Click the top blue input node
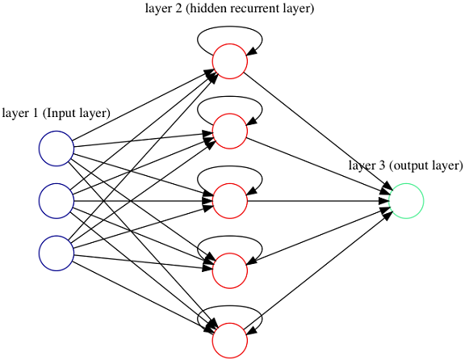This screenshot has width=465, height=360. tap(57, 149)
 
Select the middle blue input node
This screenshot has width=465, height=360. tap(57, 201)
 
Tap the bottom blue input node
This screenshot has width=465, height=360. tap(57, 253)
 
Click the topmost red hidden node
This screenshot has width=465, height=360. tap(230, 61)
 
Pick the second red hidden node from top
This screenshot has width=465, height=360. tap(230, 131)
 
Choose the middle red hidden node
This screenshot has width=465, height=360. tap(230, 201)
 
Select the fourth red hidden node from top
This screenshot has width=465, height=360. tap(230, 270)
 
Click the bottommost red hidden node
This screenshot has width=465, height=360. tap(230, 341)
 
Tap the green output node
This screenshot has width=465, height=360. tap(406, 201)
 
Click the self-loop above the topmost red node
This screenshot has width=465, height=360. tap(230, 27)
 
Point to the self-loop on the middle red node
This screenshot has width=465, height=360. tap(230, 166)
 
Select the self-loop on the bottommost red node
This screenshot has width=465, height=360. tap(230, 306)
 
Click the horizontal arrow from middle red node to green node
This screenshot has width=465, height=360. tap(318, 201)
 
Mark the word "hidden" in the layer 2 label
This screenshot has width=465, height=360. tap(207, 8)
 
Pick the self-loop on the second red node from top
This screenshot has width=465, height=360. tap(230, 97)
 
